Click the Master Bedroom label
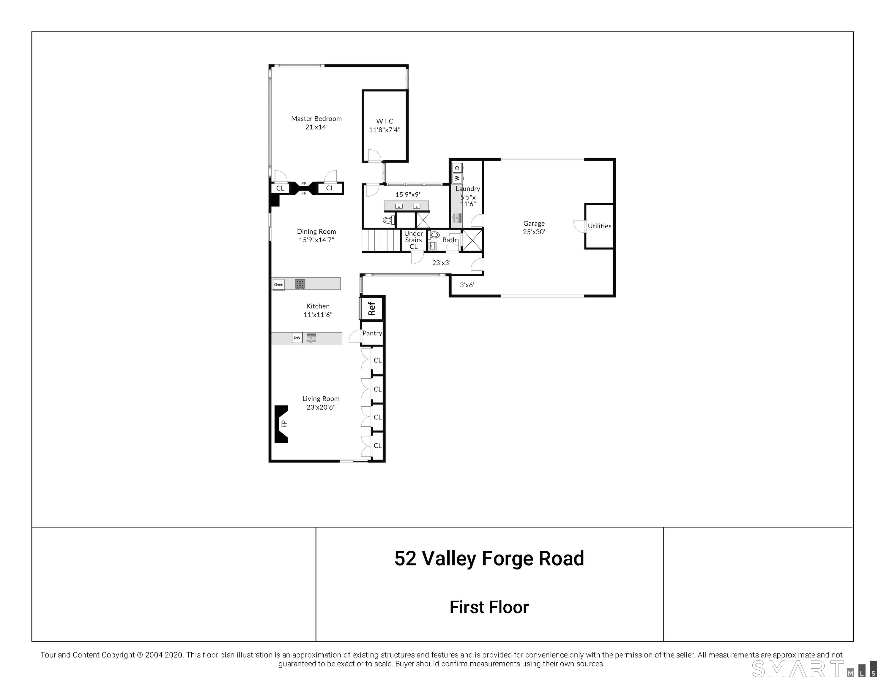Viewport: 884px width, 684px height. [x=316, y=118]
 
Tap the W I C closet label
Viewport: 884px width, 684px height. [x=385, y=121]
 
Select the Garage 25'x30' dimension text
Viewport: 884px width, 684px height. [x=534, y=232]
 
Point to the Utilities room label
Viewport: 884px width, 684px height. [x=599, y=226]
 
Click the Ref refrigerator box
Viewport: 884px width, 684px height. [x=371, y=309]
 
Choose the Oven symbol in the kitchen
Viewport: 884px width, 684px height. [x=278, y=285]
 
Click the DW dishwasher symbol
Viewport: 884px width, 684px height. [x=297, y=338]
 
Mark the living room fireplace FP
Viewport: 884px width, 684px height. [x=281, y=424]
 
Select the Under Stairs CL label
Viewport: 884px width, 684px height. [x=413, y=240]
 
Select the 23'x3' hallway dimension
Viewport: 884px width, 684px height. [x=441, y=263]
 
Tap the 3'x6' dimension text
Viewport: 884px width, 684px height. [x=467, y=285]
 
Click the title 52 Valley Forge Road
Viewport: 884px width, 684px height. [x=489, y=559]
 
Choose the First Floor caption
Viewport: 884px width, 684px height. [x=489, y=607]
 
